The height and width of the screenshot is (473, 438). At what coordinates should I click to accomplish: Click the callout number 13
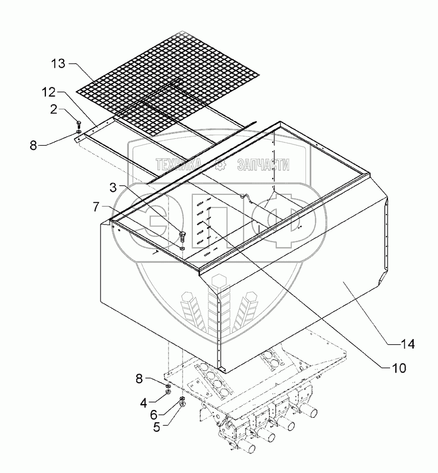click(59, 64)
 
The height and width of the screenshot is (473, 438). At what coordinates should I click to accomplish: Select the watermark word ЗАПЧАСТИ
click(263, 165)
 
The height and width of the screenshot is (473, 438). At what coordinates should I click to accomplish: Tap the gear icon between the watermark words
click(222, 164)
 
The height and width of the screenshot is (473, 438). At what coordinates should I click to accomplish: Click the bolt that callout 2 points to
click(78, 124)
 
